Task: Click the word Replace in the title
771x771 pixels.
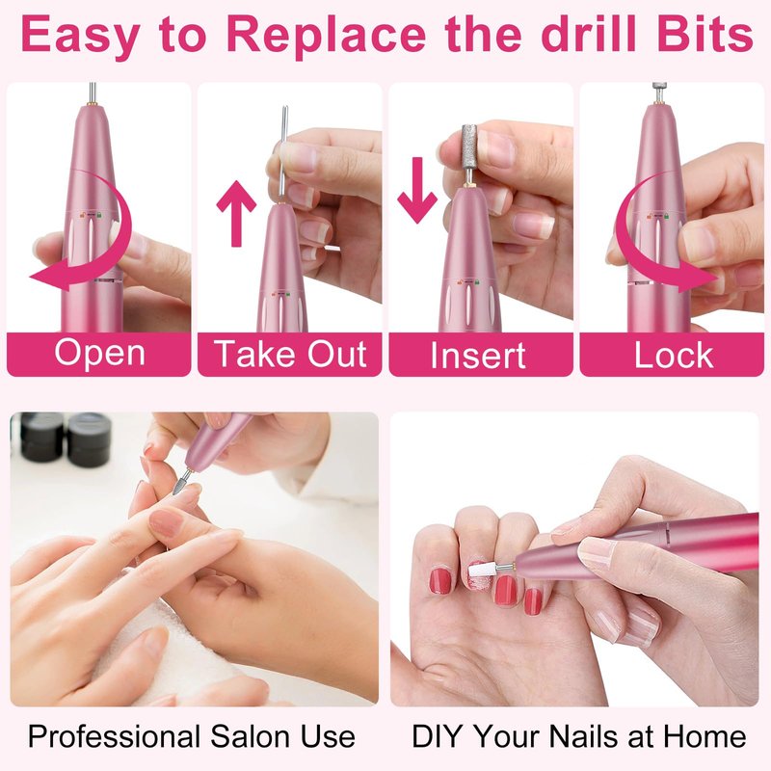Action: pos(326,36)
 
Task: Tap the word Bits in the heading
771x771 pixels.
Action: pos(705,34)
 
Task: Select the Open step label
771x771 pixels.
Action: pos(100,354)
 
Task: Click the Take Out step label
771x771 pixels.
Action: pos(290,354)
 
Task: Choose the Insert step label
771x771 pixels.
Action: pos(478,355)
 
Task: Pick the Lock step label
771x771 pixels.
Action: pos(673,355)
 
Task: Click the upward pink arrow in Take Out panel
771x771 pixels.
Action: pos(236,213)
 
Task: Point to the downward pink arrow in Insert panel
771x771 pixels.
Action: pos(417,190)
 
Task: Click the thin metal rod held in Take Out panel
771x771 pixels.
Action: pos(282,153)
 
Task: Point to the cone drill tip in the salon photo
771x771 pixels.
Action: pos(178,486)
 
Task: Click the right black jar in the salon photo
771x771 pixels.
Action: pos(90,439)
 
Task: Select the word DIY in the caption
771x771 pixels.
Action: pos(436,736)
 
